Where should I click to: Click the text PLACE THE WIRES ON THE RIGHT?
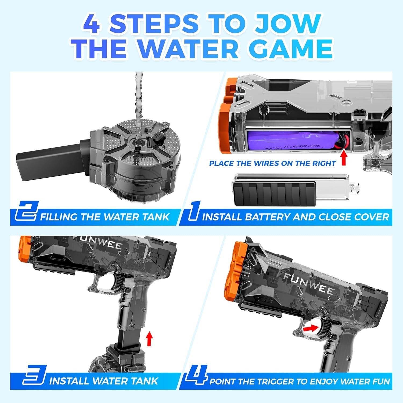tap(272, 163)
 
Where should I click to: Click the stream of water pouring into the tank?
tap(139, 102)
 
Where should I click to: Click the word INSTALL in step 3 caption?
tap(69, 381)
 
